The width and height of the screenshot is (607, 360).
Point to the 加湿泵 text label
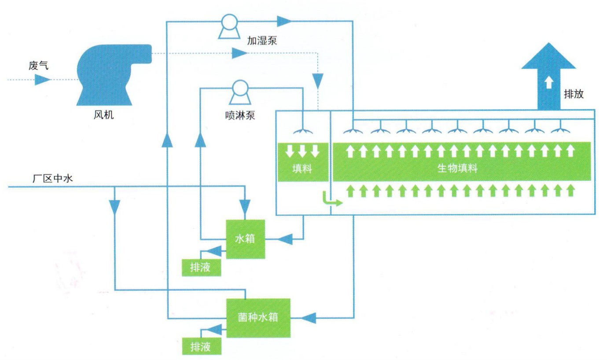(261, 41)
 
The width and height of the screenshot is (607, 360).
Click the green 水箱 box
(246, 239)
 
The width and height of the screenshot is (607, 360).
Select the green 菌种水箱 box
(258, 317)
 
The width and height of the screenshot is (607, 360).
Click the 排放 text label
(574, 94)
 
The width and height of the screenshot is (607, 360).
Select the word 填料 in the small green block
(302, 169)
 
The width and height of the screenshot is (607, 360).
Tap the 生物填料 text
(457, 169)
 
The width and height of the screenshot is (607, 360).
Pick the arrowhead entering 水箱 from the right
(285, 239)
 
